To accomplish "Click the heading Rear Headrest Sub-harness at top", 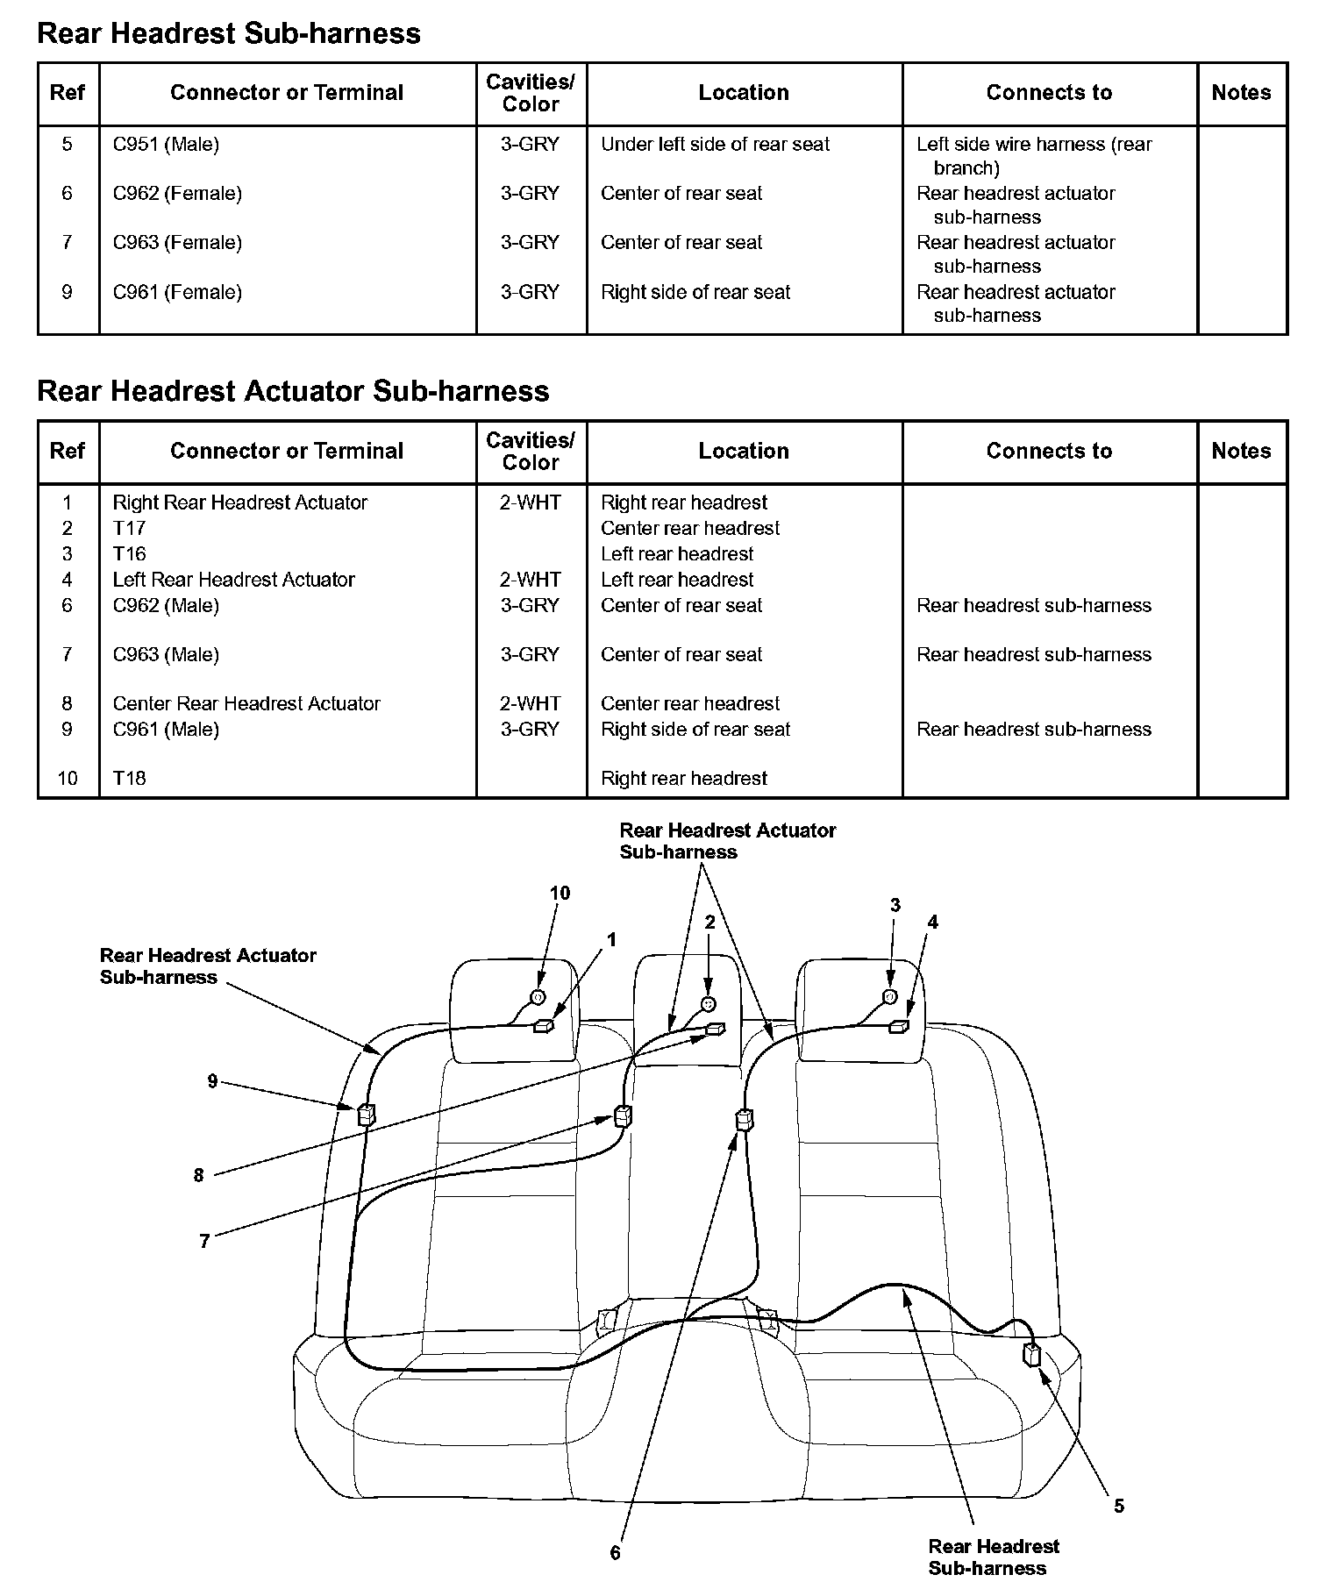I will coord(229,33).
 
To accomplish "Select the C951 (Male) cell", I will coord(166,144).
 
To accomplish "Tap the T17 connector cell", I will coord(129,528).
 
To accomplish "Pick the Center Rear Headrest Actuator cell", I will coord(246,703).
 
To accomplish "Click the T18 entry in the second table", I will coord(129,778).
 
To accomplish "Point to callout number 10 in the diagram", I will coord(560,893).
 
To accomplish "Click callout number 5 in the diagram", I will coord(1119,1506).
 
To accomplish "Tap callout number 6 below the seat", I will coord(615,1552).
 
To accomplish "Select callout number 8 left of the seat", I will coord(199,1175).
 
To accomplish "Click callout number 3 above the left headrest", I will coord(895,905).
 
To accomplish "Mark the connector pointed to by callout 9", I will coord(366,1115).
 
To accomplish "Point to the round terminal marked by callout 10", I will coord(538,997).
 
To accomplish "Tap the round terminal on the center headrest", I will coord(709,1004).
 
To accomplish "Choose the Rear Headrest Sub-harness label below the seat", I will coord(993,1557).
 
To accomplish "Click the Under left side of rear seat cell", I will coord(715,144).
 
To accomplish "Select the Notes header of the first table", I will coord(1241,93).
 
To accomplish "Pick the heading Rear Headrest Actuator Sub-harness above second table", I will coord(293,391).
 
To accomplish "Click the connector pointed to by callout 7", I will coord(624,1116).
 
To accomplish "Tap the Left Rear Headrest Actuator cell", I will coord(233,580).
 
